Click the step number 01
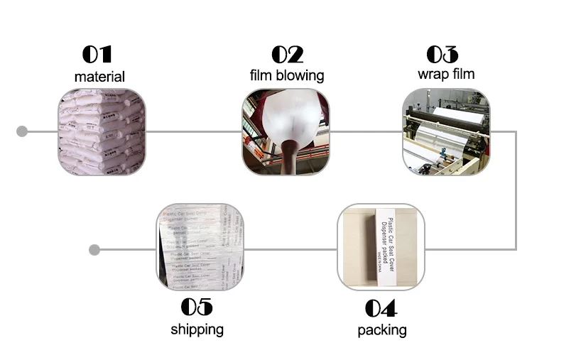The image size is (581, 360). coord(97,55)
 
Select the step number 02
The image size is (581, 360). coord(287,55)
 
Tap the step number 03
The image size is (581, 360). coord(442,55)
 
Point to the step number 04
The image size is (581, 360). coord(381,308)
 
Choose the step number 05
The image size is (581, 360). coord(197,307)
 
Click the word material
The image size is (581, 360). coord(99,77)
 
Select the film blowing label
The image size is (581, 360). coord(287,75)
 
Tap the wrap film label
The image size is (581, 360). coord(446,74)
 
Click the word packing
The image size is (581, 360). coord(382,329)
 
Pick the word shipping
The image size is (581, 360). coord(197,329)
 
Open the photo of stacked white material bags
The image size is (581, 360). coord(102,132)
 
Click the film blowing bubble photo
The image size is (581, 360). coord(286,132)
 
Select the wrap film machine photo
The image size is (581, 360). coord(446,132)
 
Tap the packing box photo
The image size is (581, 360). coord(381,247)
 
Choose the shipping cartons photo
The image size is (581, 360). coord(200,246)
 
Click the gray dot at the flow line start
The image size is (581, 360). coord(22,131)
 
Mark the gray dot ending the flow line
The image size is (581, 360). coord(94,250)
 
